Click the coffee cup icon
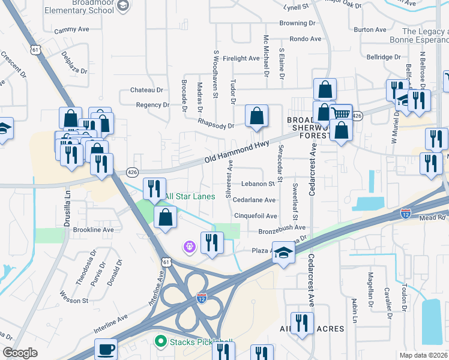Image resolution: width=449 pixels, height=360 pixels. click(x=106, y=349)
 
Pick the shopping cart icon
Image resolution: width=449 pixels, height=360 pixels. click(x=342, y=113)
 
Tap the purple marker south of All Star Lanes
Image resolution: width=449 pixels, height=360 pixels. click(x=190, y=247)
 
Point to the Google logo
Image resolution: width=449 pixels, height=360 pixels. click(x=20, y=353)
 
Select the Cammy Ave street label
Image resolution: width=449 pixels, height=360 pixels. click(x=70, y=30)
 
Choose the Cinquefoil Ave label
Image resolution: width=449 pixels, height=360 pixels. click(x=256, y=216)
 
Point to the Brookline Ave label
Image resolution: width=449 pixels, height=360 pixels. click(x=93, y=230)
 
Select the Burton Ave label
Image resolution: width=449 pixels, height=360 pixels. click(x=370, y=29)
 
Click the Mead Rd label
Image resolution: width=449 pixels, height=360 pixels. click(x=438, y=218)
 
